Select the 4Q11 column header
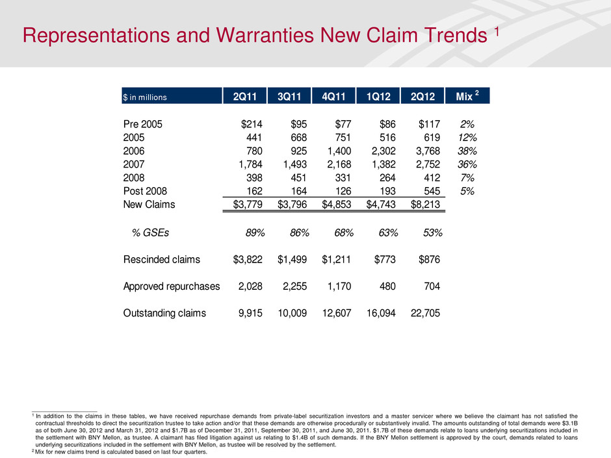click(x=333, y=96)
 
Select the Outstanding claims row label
click(x=164, y=313)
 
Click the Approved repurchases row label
click(x=172, y=286)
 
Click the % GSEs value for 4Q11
click(x=339, y=233)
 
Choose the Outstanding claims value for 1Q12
click(x=378, y=313)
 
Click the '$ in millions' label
click(x=145, y=97)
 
